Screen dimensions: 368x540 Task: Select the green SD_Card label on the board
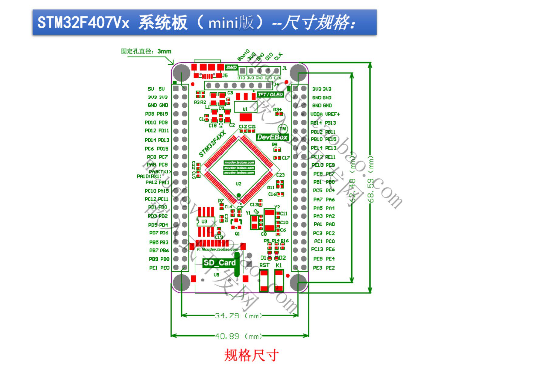pyautogui.click(x=219, y=263)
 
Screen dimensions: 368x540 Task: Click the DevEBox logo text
pyautogui.click(x=272, y=137)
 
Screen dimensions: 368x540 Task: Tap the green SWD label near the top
pyautogui.click(x=231, y=67)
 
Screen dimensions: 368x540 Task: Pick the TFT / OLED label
pyautogui.click(x=270, y=95)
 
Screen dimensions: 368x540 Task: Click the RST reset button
pyautogui.click(x=264, y=281)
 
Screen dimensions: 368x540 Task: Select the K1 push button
pyautogui.click(x=279, y=281)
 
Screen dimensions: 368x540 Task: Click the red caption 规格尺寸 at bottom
pyautogui.click(x=251, y=355)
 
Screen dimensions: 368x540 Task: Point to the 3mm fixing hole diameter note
pyautogui.click(x=146, y=51)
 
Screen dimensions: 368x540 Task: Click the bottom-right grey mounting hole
pyautogui.click(x=298, y=283)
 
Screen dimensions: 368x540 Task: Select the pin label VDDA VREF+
pyautogui.click(x=325, y=114)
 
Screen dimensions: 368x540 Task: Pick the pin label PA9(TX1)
pyautogui.click(x=160, y=172)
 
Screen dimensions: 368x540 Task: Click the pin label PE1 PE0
pyautogui.click(x=159, y=268)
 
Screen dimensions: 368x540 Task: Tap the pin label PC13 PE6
pyautogui.click(x=323, y=249)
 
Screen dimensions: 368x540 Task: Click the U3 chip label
pyautogui.click(x=204, y=221)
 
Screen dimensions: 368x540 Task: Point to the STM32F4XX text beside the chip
pyautogui.click(x=212, y=144)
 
